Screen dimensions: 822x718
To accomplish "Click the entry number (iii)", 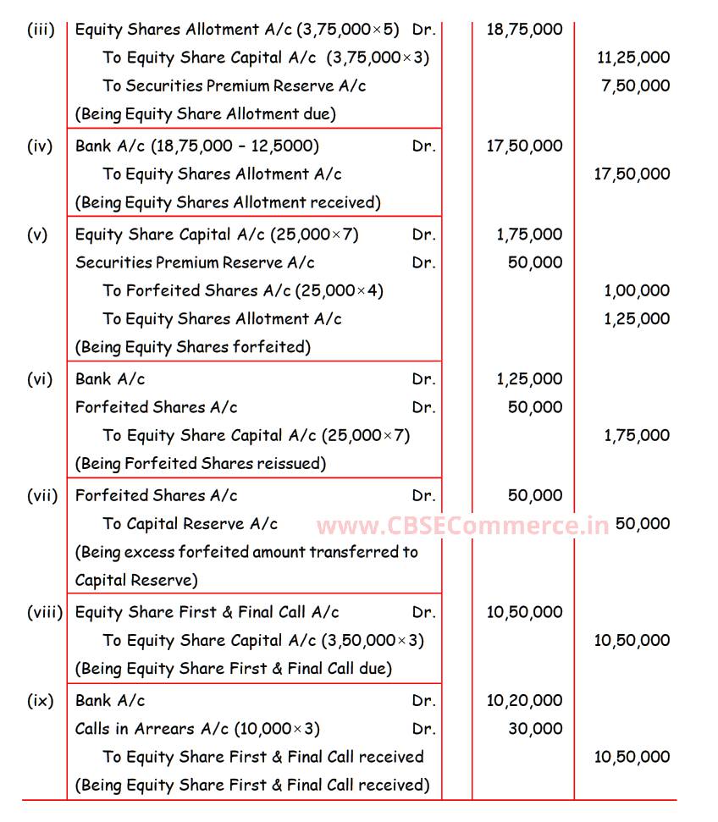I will click(x=41, y=30).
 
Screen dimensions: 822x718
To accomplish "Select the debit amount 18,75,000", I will click(x=524, y=30).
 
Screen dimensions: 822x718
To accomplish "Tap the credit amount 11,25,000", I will click(x=633, y=58).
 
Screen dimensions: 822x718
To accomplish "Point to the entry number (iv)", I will click(x=40, y=146).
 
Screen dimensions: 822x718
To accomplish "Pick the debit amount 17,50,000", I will click(x=524, y=146).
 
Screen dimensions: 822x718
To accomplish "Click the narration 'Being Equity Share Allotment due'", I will click(x=206, y=113).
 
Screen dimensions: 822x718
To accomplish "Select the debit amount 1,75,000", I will click(x=529, y=234).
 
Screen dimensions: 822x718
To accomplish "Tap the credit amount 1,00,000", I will click(x=637, y=290).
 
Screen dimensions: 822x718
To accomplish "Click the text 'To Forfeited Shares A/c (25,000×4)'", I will click(x=244, y=290).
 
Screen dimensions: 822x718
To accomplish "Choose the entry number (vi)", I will click(x=40, y=379).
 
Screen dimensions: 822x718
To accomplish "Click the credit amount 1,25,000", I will click(x=637, y=319).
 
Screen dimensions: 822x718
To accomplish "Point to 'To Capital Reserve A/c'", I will click(x=191, y=524).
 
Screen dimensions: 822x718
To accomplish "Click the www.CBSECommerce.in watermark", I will click(x=462, y=526).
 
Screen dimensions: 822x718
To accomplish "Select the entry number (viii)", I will click(x=45, y=612).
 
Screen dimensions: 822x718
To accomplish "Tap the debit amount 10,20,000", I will click(x=524, y=701).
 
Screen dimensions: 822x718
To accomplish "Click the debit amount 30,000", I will click(x=535, y=729).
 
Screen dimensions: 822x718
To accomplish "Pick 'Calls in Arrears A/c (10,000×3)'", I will click(x=198, y=729).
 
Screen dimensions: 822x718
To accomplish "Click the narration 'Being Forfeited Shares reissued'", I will click(x=201, y=464).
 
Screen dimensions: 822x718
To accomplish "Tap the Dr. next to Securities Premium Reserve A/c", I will click(x=424, y=262).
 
